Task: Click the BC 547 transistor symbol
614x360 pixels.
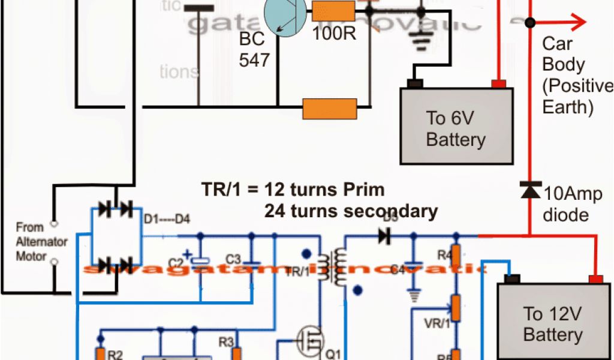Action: pos(285,16)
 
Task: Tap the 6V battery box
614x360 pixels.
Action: pos(456,126)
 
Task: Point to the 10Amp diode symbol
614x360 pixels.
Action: pos(529,190)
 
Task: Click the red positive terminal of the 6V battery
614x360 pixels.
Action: pos(497,83)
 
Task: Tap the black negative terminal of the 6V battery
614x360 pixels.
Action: pos(415,83)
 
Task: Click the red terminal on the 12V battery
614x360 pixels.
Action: pos(595,278)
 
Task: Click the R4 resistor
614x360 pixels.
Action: pos(456,255)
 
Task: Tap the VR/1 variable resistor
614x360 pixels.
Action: pos(456,307)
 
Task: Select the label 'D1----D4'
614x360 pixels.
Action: pos(167,220)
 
